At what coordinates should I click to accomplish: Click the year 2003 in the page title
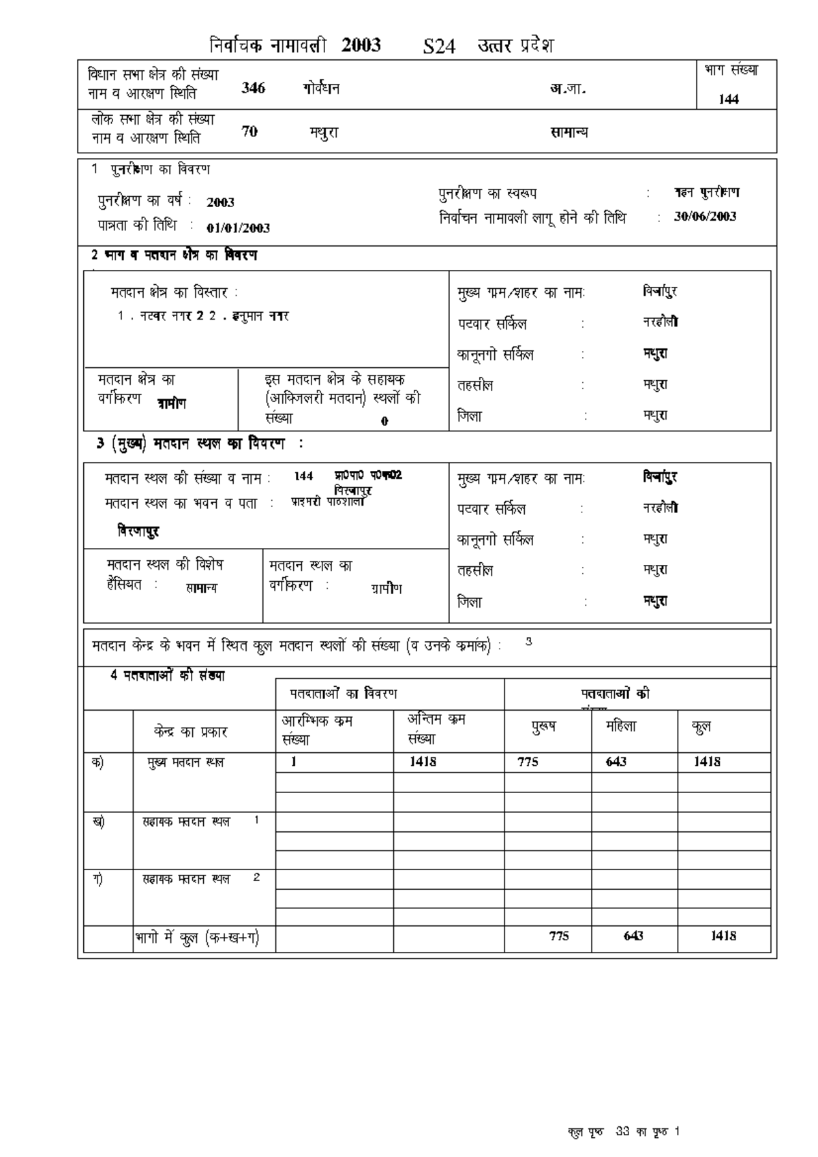pos(361,46)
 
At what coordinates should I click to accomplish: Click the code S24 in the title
pos(438,47)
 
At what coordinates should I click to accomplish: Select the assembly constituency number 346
pos(253,88)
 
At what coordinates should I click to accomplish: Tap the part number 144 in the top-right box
pos(729,99)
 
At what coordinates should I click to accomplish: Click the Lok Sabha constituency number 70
pos(249,132)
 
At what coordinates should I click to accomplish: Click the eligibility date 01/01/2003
pos(238,228)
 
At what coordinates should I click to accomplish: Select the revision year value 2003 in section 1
pos(220,202)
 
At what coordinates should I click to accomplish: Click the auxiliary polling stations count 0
pos(384,421)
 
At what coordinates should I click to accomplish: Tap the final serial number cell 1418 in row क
pos(423,762)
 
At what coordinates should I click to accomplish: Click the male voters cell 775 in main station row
pos(528,762)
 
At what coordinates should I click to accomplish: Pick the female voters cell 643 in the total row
pos(633,936)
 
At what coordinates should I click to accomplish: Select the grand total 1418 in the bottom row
pos(723,936)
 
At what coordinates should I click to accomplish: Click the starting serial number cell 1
pos(294,762)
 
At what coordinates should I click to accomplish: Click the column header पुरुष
pos(543,726)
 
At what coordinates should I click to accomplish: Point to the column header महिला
pos(620,726)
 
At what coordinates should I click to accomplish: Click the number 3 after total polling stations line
pos(528,641)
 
